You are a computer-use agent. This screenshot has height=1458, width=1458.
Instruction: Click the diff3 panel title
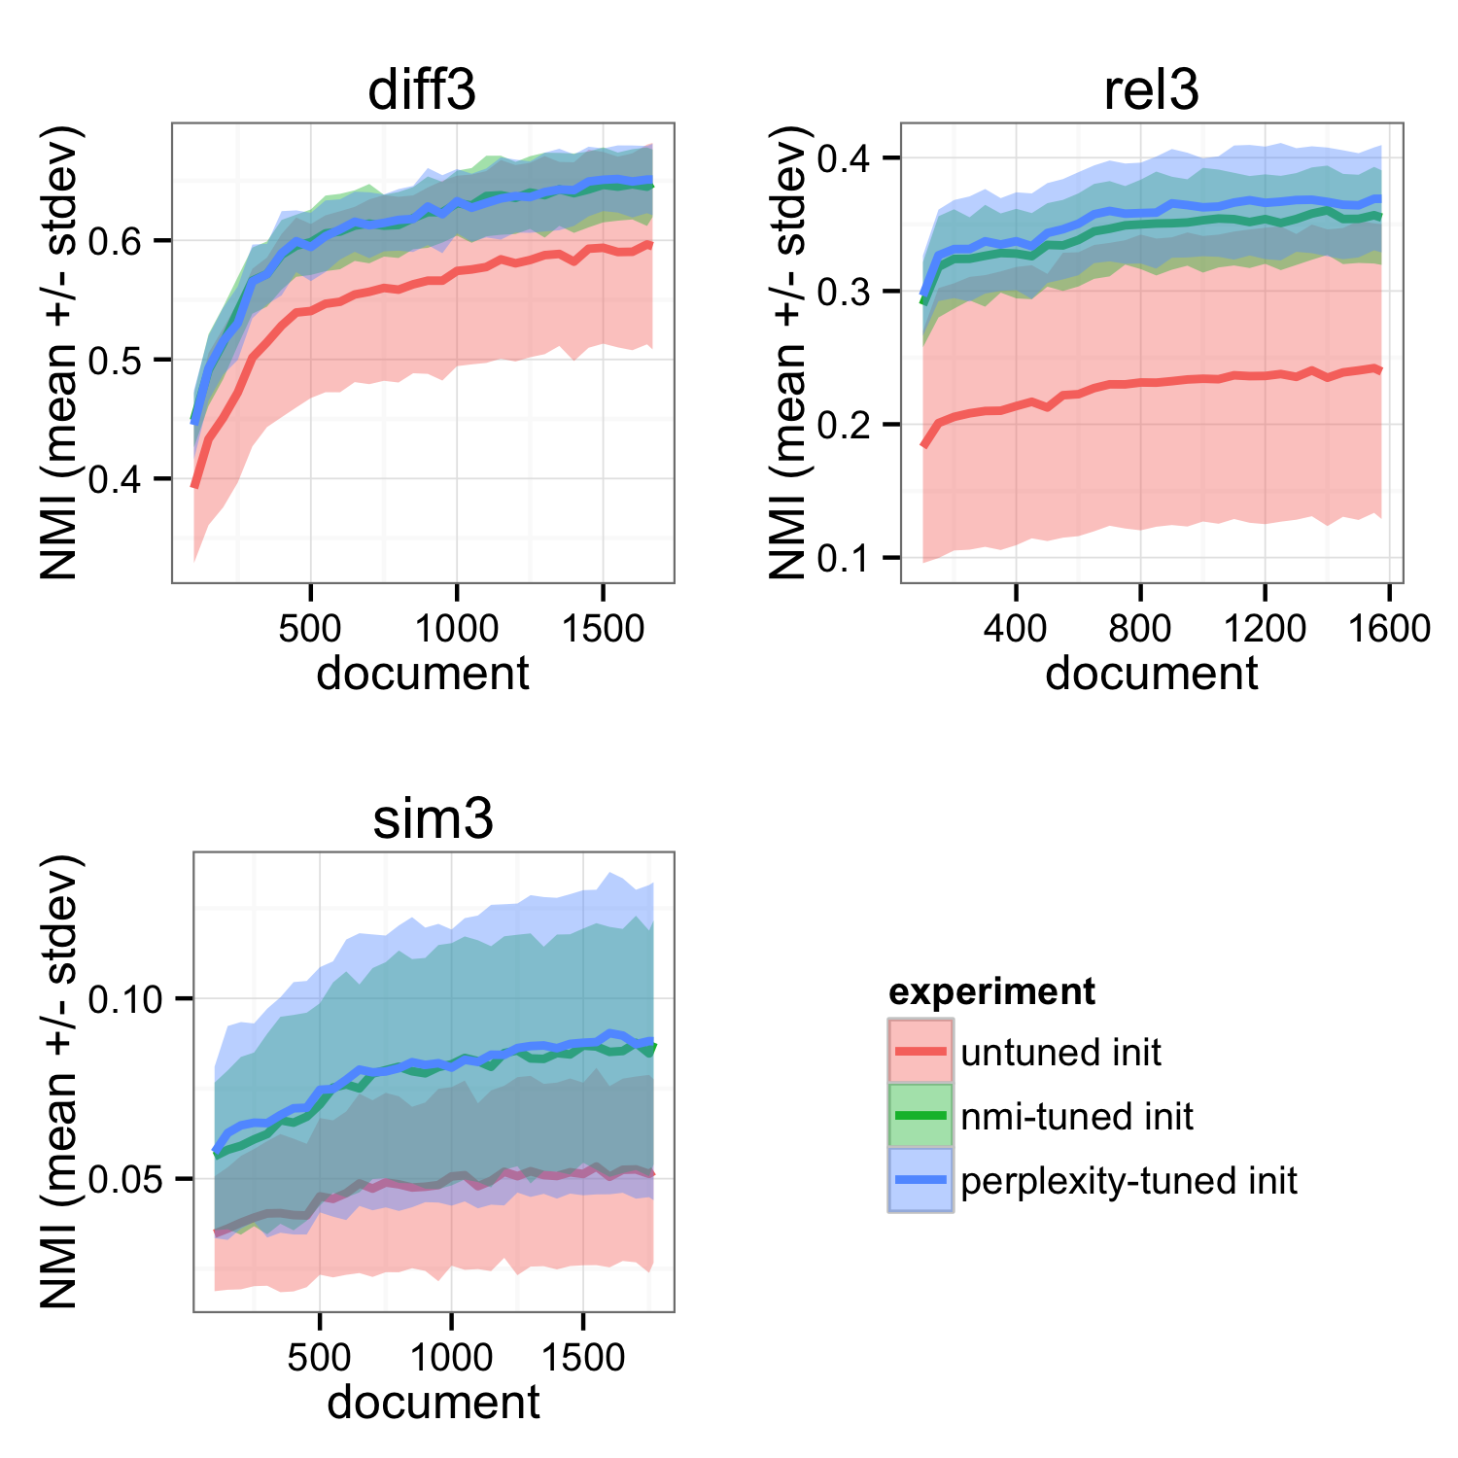click(422, 90)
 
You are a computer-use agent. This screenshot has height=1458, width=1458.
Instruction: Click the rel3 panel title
click(1151, 90)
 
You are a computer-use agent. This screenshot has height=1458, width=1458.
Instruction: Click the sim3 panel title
click(434, 819)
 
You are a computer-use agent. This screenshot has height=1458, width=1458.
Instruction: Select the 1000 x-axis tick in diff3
click(456, 628)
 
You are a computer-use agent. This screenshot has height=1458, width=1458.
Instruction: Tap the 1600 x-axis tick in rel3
click(1388, 628)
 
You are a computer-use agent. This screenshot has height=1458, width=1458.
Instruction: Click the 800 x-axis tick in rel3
click(1139, 628)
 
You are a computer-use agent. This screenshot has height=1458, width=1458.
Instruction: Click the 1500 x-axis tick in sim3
click(582, 1357)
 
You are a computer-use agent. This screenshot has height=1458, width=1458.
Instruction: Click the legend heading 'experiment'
click(991, 991)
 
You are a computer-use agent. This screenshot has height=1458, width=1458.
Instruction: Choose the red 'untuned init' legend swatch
click(920, 1051)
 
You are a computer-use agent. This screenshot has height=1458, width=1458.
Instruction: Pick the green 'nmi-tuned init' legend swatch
click(920, 1115)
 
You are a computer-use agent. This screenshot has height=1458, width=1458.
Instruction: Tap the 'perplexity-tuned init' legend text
click(1128, 1181)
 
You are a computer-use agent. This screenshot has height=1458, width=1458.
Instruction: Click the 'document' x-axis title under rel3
click(1151, 674)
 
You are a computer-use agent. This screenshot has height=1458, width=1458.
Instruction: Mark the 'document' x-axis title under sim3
click(434, 1403)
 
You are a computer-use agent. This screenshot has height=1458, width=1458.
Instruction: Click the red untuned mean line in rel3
click(1139, 382)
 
